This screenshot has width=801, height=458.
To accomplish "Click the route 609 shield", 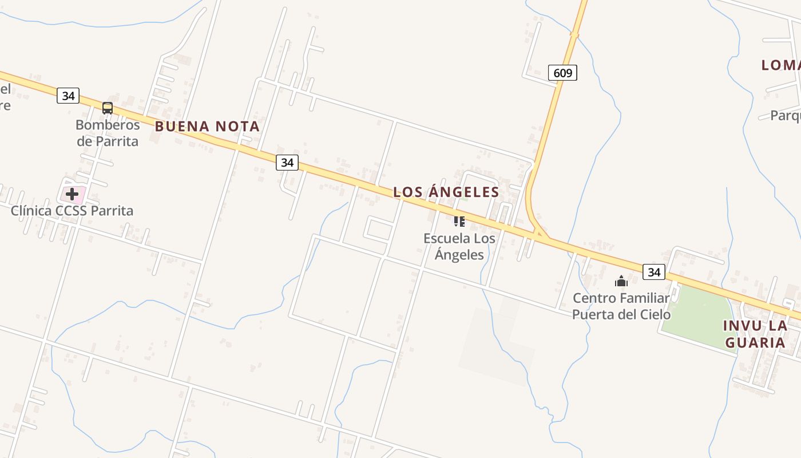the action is click(563, 73).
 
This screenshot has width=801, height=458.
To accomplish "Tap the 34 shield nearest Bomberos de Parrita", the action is click(68, 96).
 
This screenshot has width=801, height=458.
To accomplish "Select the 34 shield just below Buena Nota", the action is click(287, 163).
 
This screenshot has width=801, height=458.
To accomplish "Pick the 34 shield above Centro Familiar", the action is click(654, 272).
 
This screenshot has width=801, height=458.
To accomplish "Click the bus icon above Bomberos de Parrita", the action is click(107, 108).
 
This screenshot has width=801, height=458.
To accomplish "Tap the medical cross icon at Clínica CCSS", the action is click(72, 194).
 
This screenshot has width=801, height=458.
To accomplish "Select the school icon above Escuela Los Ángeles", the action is click(459, 221).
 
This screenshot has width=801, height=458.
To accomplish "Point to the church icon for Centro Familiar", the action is click(621, 281).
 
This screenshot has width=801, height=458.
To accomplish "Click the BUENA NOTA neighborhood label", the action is click(207, 127).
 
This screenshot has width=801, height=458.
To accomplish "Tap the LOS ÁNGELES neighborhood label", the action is click(446, 192).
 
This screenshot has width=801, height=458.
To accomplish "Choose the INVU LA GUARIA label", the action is click(755, 334).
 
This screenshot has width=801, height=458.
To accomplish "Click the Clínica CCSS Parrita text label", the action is click(72, 211).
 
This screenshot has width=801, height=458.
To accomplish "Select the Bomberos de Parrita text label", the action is click(108, 133).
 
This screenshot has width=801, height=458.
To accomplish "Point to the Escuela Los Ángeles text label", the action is click(459, 246).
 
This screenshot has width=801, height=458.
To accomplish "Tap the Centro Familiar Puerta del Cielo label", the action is click(621, 306).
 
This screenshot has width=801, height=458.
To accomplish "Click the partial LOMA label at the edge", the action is click(780, 65).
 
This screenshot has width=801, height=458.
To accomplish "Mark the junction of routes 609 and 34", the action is click(540, 234).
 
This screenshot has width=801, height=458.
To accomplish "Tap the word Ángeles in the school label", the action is click(459, 255).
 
